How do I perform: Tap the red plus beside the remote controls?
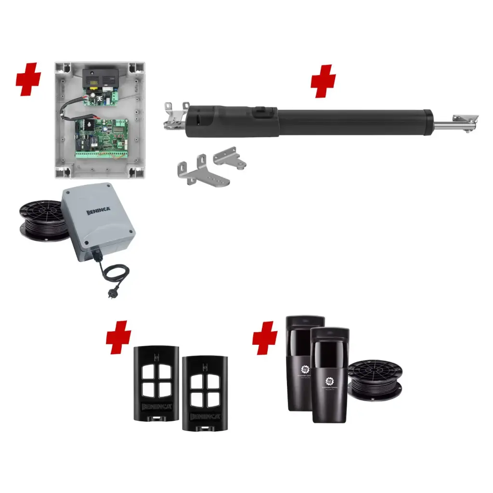[118, 338]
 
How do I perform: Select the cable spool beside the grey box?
[40, 221]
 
